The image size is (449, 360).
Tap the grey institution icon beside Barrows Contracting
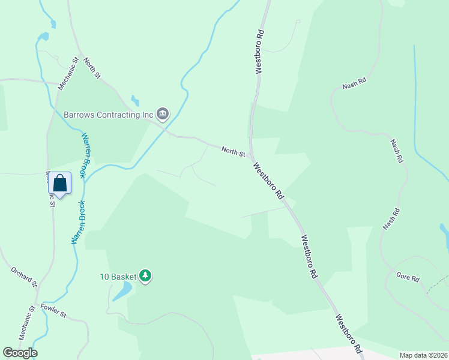[x=163, y=113]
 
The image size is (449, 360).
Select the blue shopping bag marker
[x=60, y=182]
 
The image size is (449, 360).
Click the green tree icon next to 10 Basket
[x=145, y=276]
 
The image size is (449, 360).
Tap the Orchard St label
[x=24, y=277]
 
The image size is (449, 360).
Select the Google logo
[x=20, y=353]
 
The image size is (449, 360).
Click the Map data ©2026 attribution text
[x=423, y=355]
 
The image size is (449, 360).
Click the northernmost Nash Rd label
[x=354, y=83]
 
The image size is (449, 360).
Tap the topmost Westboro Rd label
[x=259, y=53]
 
